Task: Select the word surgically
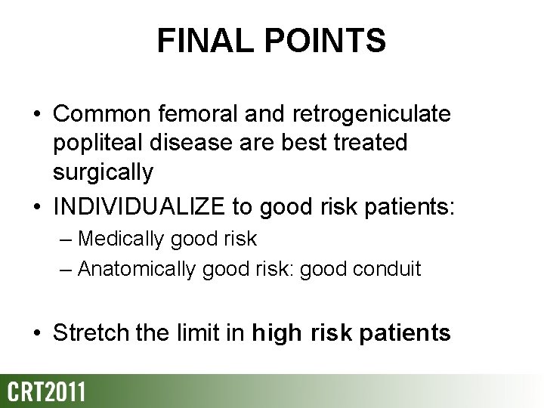[103, 173]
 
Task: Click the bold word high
[279, 334]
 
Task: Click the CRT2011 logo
[46, 391]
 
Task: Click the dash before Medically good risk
[67, 240]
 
